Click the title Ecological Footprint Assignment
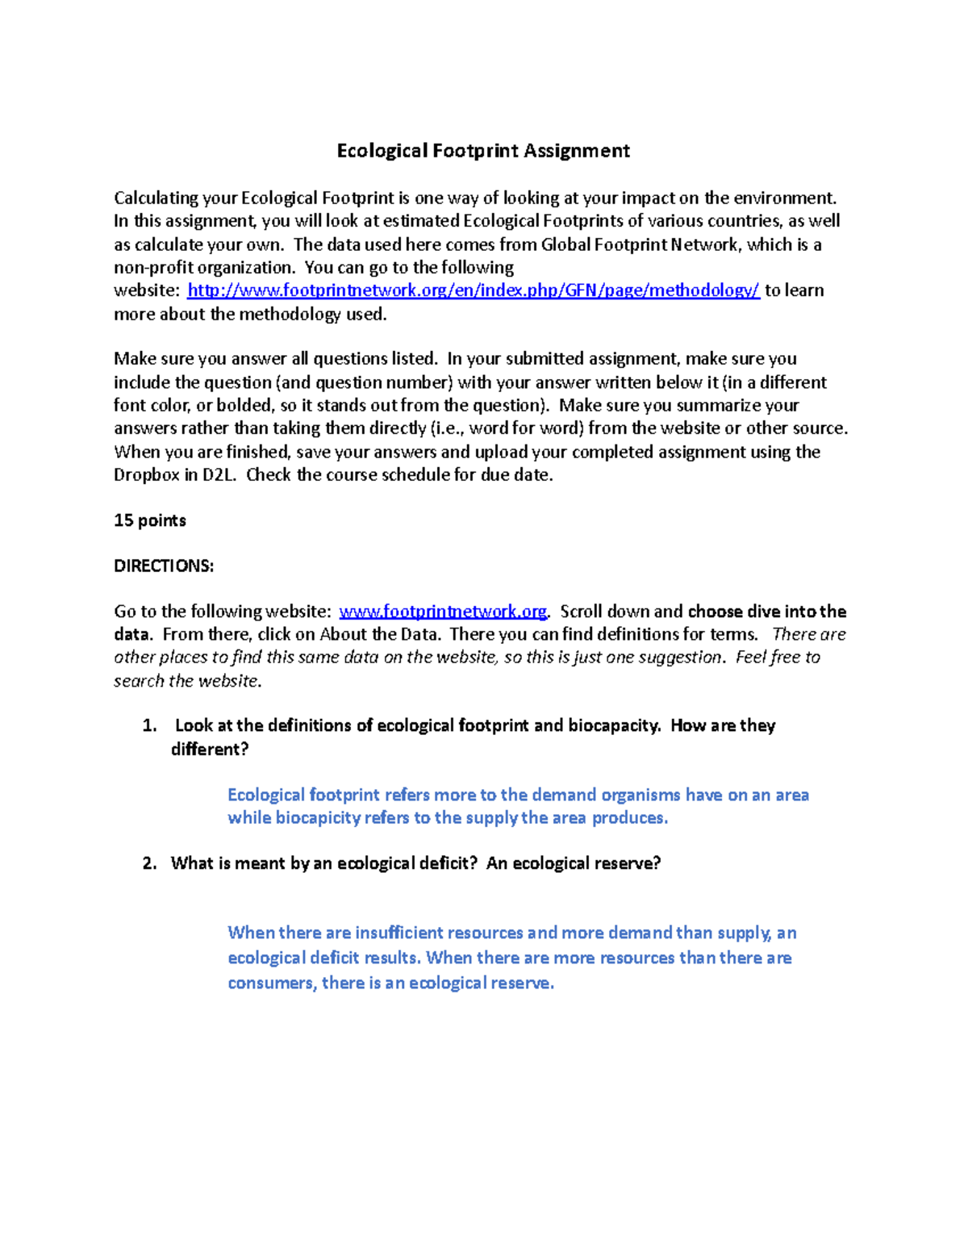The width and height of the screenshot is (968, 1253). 483,151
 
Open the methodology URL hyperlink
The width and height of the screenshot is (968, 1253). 473,290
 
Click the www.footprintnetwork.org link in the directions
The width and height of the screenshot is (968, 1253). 443,612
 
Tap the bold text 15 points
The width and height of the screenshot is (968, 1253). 150,520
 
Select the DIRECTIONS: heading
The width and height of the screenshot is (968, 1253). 164,566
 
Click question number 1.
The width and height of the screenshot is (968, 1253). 148,726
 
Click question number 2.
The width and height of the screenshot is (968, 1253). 148,864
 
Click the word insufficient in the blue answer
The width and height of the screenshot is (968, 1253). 398,933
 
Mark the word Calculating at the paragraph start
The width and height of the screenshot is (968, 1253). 156,198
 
